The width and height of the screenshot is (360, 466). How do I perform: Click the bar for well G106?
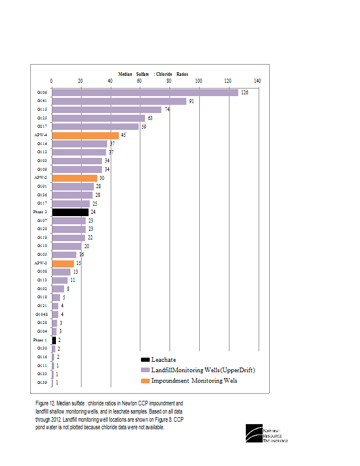pos(145,93)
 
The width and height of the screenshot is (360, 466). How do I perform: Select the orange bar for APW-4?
pos(85,135)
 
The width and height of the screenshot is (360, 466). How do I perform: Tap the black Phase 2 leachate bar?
pos(70,212)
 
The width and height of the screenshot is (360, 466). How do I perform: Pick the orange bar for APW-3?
pos(63,263)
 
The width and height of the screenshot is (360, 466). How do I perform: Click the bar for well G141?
pos(119,101)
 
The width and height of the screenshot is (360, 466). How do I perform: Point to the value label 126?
pos(245,93)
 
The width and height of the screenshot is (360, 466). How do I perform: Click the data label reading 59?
pos(144,126)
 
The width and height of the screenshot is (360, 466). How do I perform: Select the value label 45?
pos(123,135)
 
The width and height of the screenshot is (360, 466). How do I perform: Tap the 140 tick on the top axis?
pos(257,81)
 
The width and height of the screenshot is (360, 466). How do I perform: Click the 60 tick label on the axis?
pos(139,81)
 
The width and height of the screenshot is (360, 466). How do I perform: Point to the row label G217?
pos(42,126)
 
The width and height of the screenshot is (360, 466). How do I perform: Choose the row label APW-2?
pos(40,178)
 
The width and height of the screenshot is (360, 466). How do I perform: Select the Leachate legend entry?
pos(163,359)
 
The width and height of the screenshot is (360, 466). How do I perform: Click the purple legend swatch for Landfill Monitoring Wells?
pos(145,370)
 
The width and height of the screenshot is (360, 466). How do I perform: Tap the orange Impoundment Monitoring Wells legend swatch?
pos(145,381)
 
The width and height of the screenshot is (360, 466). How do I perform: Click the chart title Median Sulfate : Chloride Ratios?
pos(153,75)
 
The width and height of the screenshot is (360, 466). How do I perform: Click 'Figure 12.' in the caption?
pos(45,403)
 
